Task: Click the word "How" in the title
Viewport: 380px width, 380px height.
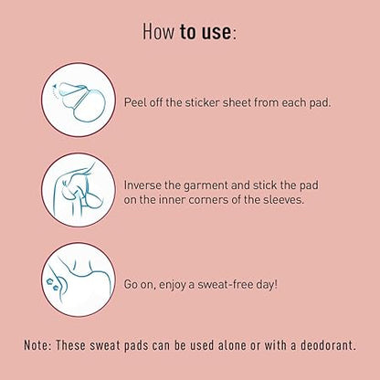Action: point(159,31)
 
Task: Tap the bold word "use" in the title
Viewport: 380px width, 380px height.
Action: point(216,32)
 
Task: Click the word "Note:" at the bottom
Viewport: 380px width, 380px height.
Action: point(37,345)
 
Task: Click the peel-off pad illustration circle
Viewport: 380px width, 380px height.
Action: point(79,100)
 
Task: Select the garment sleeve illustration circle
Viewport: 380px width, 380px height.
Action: point(79,190)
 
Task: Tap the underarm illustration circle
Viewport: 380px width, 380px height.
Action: point(79,280)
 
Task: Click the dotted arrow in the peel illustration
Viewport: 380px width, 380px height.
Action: point(54,91)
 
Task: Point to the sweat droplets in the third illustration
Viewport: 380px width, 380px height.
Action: point(52,284)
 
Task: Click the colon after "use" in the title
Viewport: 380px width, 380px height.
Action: point(234,34)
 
